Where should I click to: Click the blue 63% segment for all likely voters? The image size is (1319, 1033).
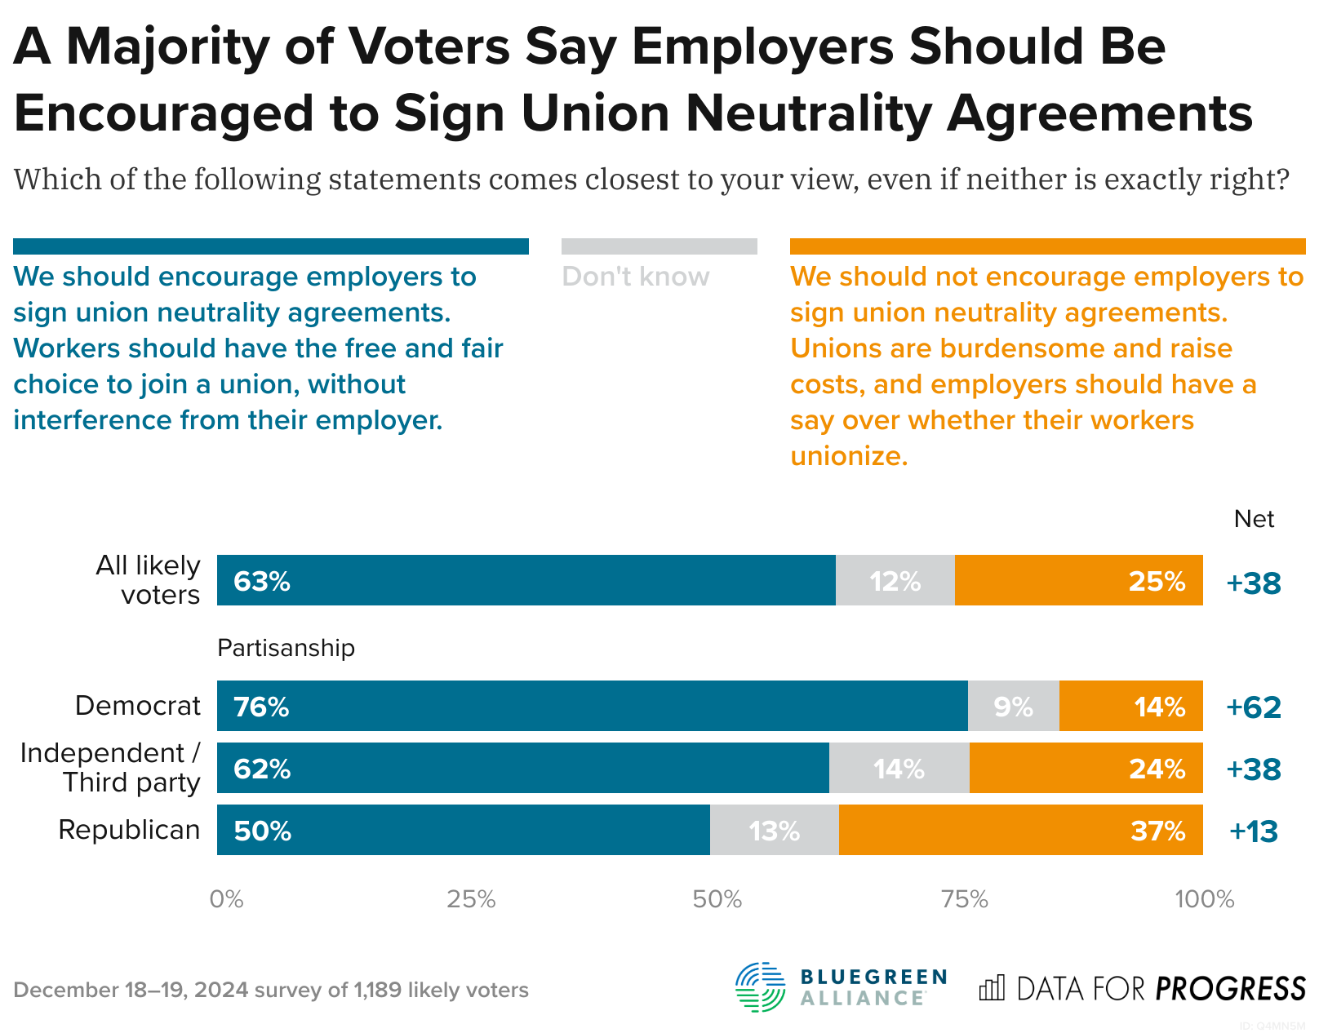point(526,580)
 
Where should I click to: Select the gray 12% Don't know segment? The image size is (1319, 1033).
point(895,580)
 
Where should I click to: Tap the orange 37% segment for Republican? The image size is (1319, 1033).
point(1020,830)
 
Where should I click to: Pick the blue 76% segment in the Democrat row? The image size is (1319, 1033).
point(592,706)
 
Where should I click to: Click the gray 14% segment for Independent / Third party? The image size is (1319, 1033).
point(899,768)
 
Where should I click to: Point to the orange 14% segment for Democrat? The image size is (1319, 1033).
point(1130,706)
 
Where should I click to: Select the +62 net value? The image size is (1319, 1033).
point(1254,707)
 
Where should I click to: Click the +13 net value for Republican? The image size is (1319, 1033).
point(1254,831)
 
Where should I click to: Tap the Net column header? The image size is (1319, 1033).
point(1254,519)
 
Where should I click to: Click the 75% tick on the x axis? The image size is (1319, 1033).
point(964,899)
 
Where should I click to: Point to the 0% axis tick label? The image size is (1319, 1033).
point(226,899)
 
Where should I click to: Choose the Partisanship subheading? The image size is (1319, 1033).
point(286,648)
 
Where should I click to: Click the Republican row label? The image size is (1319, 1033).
point(129,830)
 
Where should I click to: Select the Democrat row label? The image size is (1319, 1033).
point(137,706)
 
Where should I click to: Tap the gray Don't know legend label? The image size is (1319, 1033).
point(635,277)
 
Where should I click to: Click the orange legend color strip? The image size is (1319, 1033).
point(1047,246)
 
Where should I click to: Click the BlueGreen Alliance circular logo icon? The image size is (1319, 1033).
point(760,987)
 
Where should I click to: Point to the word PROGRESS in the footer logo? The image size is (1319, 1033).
point(1230,989)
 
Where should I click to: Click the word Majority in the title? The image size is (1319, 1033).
point(167,47)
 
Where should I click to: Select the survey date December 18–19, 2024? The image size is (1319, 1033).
point(131,990)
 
